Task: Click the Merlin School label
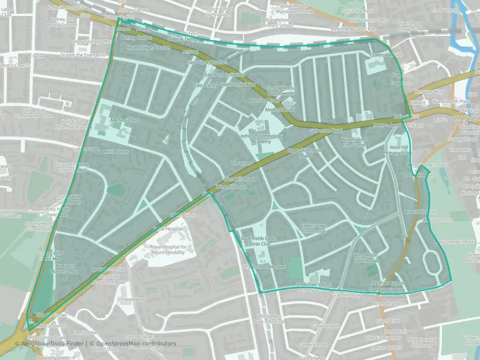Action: point(125,120)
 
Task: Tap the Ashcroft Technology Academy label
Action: point(261,139)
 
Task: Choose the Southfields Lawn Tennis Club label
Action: point(258,241)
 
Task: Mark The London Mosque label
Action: point(264,267)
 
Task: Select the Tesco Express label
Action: point(140,336)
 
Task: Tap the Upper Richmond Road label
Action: point(301,153)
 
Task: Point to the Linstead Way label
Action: point(130,299)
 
